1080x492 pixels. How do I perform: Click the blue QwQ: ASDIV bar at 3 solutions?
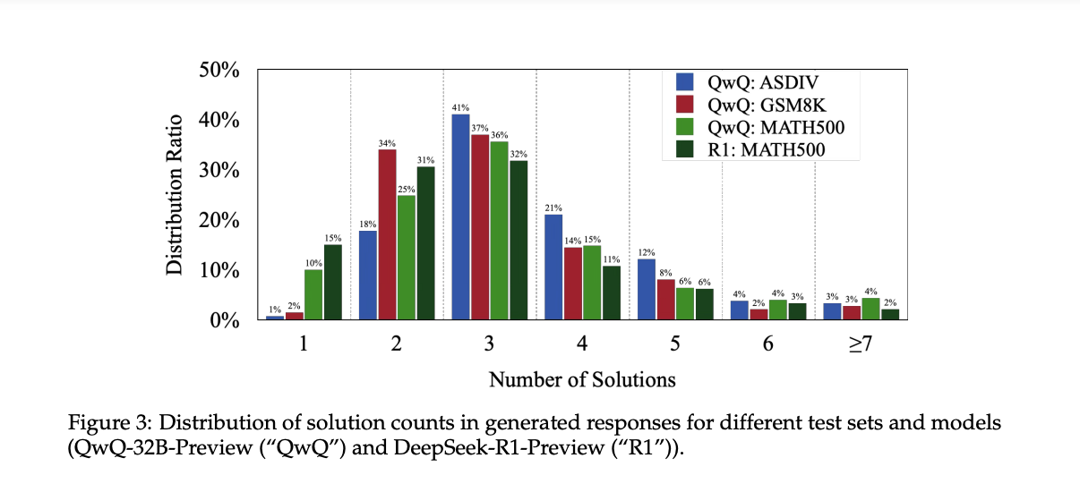point(461,216)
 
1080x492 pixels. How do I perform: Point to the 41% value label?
point(461,107)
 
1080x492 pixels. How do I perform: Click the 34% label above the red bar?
point(387,143)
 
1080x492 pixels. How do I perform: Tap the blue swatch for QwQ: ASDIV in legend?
point(686,83)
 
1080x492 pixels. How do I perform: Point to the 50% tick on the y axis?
point(219,71)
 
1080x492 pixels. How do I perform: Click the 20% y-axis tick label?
point(219,220)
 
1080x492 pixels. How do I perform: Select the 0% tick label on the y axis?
point(223,320)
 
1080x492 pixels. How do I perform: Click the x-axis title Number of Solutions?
point(582,379)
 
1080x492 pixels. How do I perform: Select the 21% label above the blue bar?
point(553,208)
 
